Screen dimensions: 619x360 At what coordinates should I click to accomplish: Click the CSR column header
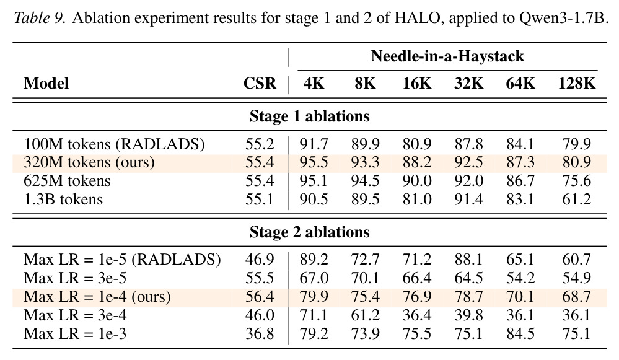[x=260, y=83]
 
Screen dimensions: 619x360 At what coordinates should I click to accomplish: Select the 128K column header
[x=576, y=83]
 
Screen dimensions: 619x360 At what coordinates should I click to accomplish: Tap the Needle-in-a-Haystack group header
[x=447, y=56]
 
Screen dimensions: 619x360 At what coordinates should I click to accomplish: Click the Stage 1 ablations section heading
[x=310, y=116]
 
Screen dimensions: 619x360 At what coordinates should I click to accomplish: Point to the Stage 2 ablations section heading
[x=310, y=232]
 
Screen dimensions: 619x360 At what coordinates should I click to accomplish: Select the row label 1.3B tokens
[x=63, y=200]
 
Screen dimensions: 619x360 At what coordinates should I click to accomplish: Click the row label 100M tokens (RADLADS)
[x=114, y=144]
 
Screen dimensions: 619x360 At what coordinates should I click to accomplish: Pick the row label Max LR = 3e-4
[x=75, y=315]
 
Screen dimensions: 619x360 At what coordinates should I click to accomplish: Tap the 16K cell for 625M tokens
[x=417, y=181]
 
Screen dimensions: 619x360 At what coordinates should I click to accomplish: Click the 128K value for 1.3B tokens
[x=576, y=200]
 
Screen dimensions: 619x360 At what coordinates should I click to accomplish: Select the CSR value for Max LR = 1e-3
[x=260, y=334]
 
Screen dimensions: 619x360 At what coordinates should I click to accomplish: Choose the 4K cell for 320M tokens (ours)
[x=314, y=162]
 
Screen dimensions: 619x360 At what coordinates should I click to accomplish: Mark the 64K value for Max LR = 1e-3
[x=520, y=334]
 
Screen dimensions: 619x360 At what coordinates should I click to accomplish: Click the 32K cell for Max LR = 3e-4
[x=468, y=315]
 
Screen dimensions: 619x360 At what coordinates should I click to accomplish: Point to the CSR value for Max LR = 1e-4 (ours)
[x=260, y=297]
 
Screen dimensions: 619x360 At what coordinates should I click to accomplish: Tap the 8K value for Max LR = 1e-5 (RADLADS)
[x=365, y=260]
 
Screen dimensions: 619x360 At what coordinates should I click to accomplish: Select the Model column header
[x=46, y=83]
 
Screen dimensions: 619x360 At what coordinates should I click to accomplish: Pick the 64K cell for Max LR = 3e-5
[x=520, y=278]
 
